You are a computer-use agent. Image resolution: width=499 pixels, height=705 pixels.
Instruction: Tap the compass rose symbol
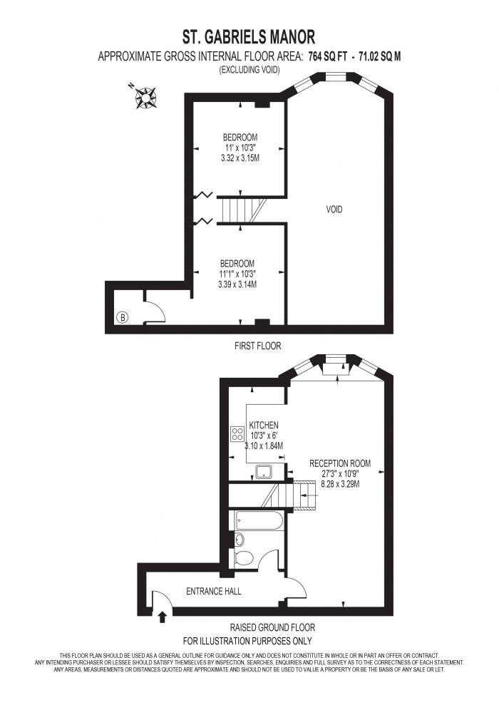pos(148,97)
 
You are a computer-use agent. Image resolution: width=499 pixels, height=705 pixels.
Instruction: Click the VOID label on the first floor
pos(334,210)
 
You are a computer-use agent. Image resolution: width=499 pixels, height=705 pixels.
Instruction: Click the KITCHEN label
pos(263,425)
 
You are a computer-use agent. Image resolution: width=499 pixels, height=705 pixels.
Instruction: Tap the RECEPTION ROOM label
pos(340,463)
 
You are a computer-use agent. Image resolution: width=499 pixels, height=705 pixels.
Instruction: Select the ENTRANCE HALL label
pos(213,592)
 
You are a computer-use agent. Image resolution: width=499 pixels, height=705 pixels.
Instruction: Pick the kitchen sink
pos(264,471)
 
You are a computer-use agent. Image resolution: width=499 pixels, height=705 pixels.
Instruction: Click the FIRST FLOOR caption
pos(258,346)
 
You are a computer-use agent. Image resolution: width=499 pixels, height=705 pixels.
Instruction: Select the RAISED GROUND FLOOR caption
pos(272,628)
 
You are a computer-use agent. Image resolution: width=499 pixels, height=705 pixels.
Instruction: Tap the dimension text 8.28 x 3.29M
pos(339,484)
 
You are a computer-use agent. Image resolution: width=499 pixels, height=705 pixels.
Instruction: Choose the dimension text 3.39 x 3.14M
pos(237,284)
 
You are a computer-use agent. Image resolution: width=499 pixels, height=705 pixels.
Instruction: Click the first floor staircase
pos(242,210)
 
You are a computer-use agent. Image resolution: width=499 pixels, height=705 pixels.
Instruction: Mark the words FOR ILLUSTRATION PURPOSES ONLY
pos(249,641)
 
